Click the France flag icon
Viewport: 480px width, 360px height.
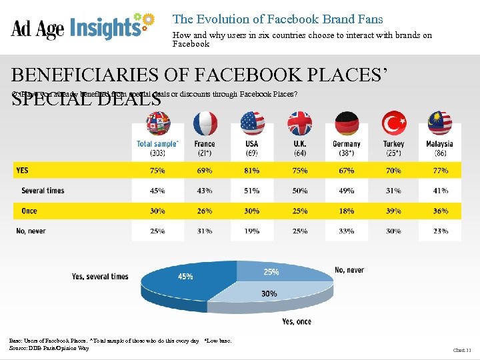(205, 123)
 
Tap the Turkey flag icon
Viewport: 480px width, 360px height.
(393, 123)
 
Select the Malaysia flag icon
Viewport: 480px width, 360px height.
(439, 123)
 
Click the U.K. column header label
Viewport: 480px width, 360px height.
(299, 144)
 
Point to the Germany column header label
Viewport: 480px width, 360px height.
(347, 144)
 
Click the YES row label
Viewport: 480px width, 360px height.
(22, 171)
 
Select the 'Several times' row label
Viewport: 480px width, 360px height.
(43, 191)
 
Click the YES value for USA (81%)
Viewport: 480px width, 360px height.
(252, 171)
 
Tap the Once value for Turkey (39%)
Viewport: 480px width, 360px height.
(393, 211)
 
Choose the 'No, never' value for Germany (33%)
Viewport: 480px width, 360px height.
(347, 231)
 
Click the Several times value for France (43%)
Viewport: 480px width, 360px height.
(205, 191)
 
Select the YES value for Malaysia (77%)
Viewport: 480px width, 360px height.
(439, 171)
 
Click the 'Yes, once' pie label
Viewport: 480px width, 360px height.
(297, 321)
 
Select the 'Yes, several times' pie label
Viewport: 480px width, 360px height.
(100, 277)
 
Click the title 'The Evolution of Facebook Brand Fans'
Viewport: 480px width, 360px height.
(277, 19)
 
